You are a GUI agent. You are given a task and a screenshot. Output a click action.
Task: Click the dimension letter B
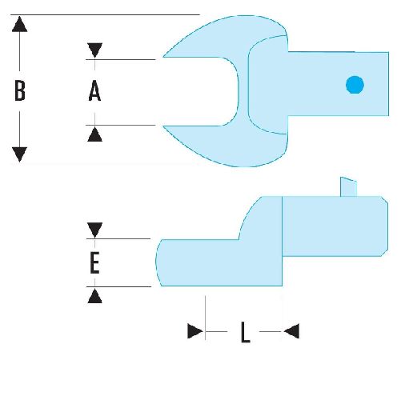pyautogui.click(x=20, y=90)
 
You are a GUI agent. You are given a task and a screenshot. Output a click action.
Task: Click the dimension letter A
pyautogui.click(x=94, y=90)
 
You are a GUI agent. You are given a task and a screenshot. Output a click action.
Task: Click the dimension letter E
pyautogui.click(x=94, y=262)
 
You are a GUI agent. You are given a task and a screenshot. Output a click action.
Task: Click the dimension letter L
pyautogui.click(x=246, y=332)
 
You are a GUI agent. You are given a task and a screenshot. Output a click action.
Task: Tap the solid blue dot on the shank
pyautogui.click(x=355, y=85)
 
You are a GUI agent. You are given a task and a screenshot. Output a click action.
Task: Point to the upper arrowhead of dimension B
pyautogui.click(x=19, y=24)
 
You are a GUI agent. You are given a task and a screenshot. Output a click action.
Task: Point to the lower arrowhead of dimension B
pyautogui.click(x=19, y=154)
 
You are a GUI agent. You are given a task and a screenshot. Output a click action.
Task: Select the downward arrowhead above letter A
pyautogui.click(x=94, y=50)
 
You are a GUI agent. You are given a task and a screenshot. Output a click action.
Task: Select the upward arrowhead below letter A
pyautogui.click(x=94, y=134)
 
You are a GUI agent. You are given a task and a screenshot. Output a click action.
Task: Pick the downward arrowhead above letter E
pyautogui.click(x=94, y=230)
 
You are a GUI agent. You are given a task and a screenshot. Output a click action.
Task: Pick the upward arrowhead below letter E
pyautogui.click(x=94, y=297)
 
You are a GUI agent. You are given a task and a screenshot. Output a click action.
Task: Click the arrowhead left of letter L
pyautogui.click(x=195, y=331)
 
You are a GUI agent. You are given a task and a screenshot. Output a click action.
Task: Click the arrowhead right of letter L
pyautogui.click(x=291, y=331)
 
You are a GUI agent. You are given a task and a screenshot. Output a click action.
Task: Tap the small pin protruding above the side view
pyautogui.click(x=348, y=187)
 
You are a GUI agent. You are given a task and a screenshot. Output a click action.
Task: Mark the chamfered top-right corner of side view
pyautogui.click(x=384, y=200)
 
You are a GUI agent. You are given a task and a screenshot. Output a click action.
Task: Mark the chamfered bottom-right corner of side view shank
pyautogui.click(x=384, y=253)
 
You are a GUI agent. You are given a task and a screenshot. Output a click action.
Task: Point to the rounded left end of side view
pyautogui.click(x=158, y=262)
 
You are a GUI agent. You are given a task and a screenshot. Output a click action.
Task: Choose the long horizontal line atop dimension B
pyautogui.click(x=105, y=14)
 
